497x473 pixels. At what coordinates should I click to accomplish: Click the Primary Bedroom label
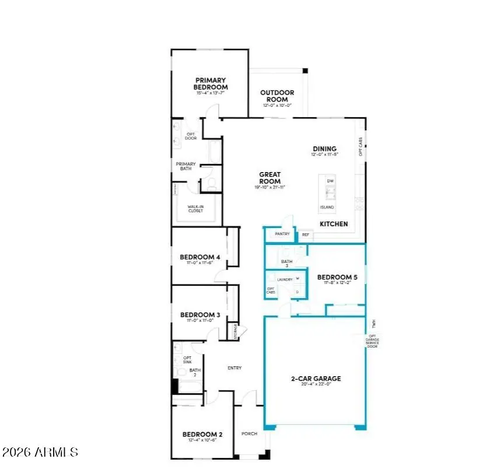[211, 83]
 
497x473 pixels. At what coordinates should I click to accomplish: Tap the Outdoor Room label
[277, 96]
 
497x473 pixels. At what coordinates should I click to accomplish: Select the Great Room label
[270, 177]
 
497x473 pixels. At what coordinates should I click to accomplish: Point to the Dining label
[325, 149]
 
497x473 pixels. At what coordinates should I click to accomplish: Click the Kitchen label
[334, 224]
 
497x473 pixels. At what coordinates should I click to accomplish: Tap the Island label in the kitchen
[327, 207]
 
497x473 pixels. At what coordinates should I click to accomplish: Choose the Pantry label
[282, 234]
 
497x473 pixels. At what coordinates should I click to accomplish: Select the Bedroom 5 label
[337, 278]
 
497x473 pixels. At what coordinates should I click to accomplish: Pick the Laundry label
[285, 279]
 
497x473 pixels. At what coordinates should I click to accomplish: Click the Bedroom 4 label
[199, 257]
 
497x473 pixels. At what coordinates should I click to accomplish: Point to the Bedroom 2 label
[202, 434]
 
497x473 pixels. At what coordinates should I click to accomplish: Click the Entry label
[234, 368]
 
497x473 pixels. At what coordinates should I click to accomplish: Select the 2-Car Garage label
[316, 379]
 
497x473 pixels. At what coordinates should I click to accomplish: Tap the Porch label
[249, 434]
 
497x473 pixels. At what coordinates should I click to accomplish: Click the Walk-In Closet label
[195, 208]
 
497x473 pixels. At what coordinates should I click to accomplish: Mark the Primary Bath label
[186, 166]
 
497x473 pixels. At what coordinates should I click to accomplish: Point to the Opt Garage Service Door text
[371, 342]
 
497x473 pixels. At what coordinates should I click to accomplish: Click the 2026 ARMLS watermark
[40, 452]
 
